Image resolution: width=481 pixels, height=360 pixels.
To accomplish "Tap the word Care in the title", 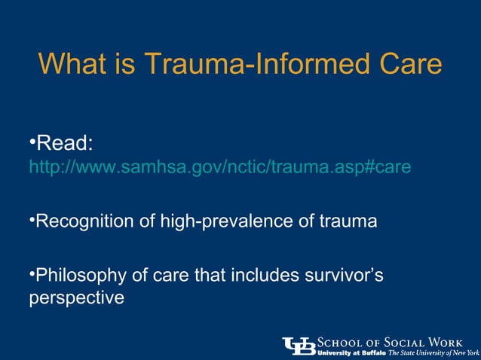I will tap(407, 64).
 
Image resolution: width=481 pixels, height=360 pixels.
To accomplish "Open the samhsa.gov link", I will tap(219, 166).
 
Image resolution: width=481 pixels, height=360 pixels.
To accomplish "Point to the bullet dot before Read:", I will tap(32, 142).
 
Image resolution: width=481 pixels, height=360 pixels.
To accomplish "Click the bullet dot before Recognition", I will tap(32, 219).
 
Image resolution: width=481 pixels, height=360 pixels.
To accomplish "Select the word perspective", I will tap(75, 298).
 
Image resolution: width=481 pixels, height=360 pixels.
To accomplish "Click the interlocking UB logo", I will tap(299, 345).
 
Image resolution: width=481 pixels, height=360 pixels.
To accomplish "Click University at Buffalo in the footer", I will tap(351, 352).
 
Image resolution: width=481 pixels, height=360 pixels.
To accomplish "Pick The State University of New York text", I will tap(434, 352).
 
